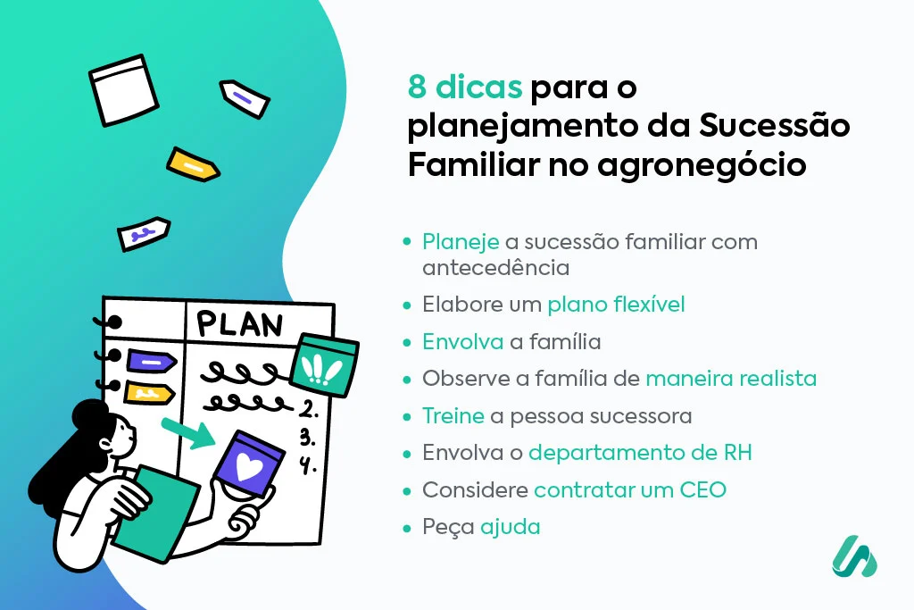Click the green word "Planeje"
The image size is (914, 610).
pyautogui.click(x=461, y=242)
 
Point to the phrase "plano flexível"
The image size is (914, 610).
pyautogui.click(x=616, y=305)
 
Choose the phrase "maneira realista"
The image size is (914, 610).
pyautogui.click(x=731, y=378)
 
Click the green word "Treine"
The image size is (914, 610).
pyautogui.click(x=453, y=415)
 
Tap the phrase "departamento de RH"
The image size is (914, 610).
pyautogui.click(x=640, y=453)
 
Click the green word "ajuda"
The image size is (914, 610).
pyautogui.click(x=511, y=527)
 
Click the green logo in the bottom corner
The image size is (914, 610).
pyautogui.click(x=854, y=556)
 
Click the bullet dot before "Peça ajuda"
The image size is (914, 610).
pyautogui.click(x=408, y=528)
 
